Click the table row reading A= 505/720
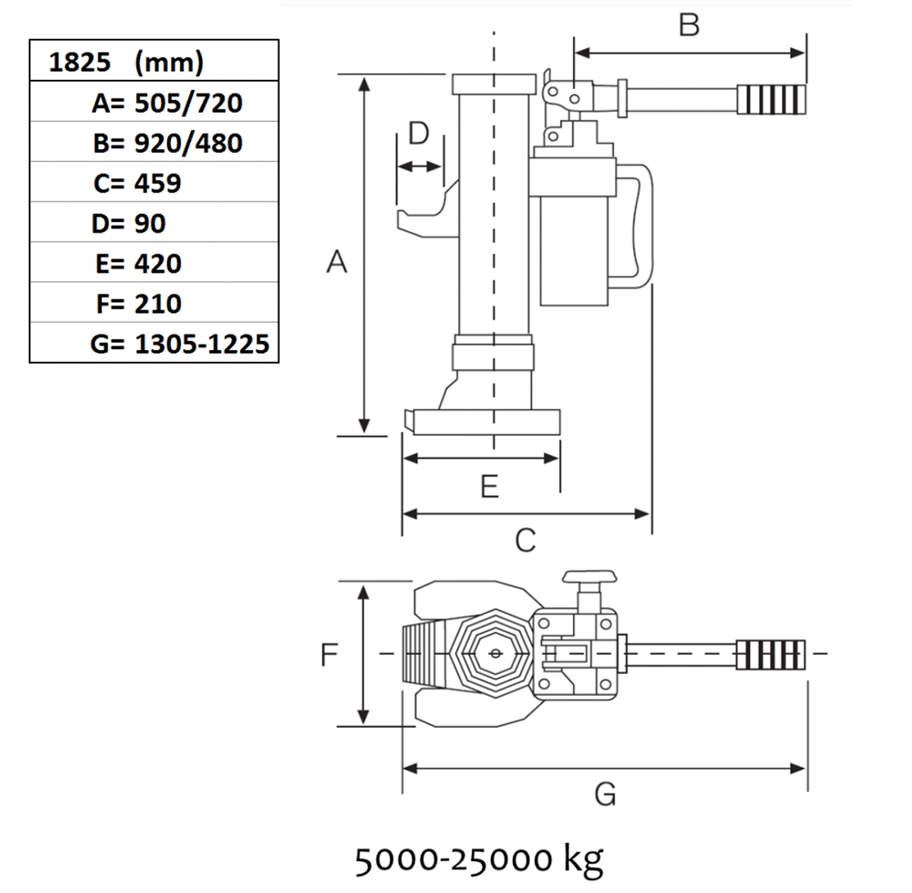166,103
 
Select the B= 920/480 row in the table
167,143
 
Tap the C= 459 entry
138,183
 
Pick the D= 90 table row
128,224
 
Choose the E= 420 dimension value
138,264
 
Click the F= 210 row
138,304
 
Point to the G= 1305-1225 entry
179,344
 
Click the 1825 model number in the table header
79,62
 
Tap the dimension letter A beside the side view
336,262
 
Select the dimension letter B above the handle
689,25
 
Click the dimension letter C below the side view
525,540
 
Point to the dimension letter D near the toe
419,133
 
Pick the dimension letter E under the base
489,486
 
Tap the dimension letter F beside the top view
328,654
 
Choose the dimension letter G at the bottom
605,794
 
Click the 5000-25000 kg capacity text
479,860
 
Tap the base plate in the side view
486,421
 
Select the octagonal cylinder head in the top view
495,653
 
